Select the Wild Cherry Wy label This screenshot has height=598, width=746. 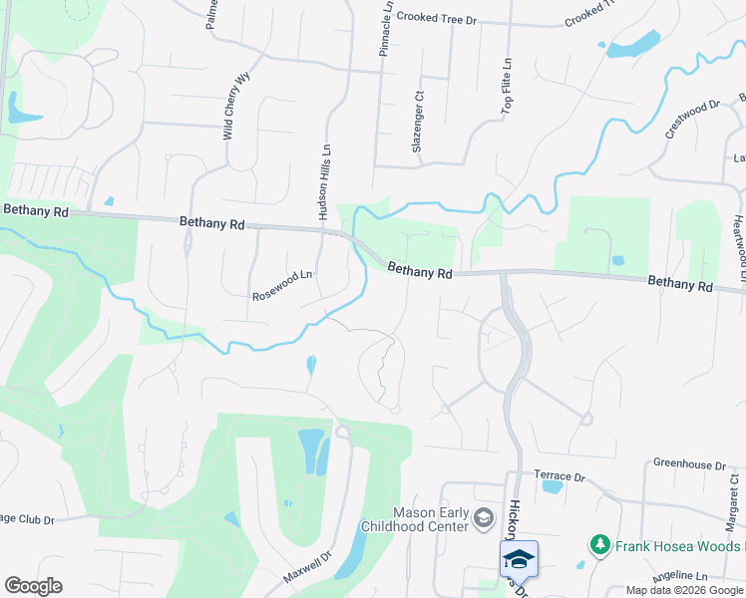235,106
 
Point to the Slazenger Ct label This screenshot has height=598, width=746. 419,123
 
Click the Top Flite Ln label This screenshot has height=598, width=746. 506,85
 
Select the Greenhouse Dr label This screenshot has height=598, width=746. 690,464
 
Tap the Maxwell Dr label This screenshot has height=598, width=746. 306,569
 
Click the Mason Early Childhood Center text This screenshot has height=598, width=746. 430,518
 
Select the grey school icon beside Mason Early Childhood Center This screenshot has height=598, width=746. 484,516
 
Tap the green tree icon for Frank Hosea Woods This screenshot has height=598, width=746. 600,545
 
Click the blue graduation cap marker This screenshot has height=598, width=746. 519,558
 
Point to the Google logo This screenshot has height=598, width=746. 34,586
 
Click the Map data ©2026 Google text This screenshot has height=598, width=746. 684,591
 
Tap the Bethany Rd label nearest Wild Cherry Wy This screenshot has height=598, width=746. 212,224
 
